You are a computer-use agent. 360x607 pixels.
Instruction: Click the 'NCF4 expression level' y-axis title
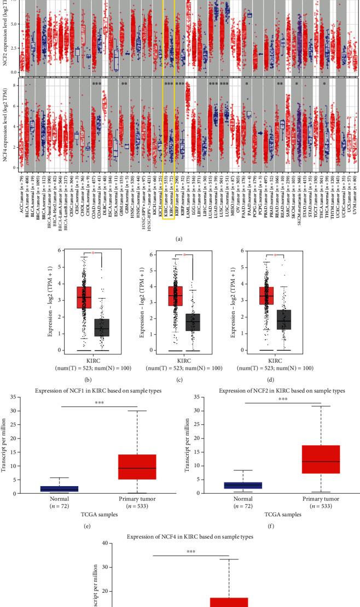[5, 124]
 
